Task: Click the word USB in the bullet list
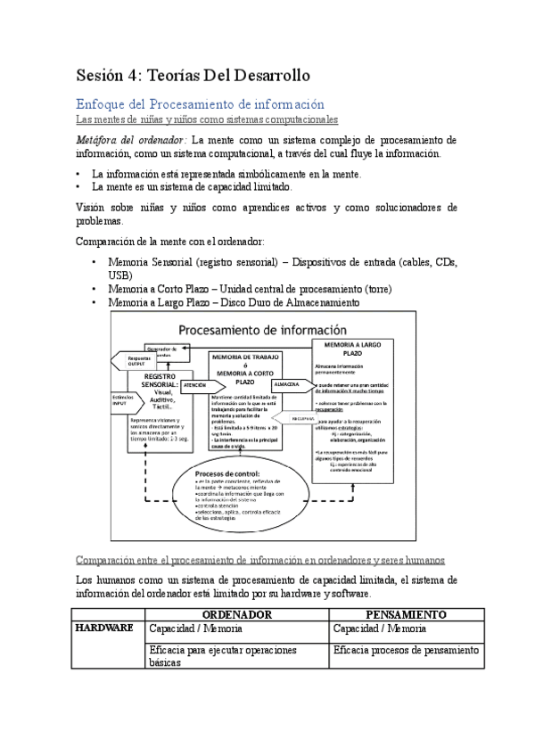[119, 276]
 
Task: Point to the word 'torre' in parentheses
[377, 290]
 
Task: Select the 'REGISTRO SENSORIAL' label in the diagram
[154, 382]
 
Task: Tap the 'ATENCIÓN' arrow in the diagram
[194, 385]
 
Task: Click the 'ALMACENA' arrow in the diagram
[290, 384]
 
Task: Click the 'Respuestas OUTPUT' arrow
[134, 361]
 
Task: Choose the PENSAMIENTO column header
[407, 615]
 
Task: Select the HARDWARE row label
[104, 628]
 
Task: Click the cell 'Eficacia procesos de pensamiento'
[407, 651]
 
